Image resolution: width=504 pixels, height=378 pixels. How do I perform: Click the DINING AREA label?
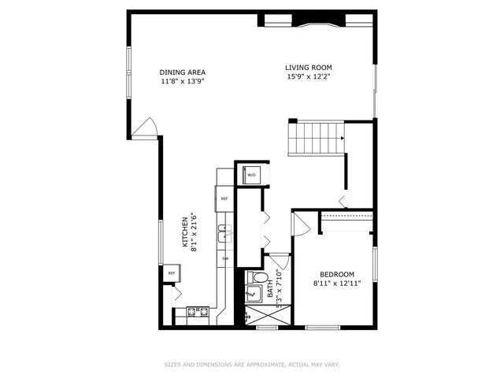[x=183, y=72]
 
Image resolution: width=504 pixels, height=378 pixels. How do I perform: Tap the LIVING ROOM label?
[x=308, y=67]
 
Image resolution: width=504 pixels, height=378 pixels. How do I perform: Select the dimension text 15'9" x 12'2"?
[x=308, y=77]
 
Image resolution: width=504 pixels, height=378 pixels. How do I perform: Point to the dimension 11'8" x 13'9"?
[x=183, y=82]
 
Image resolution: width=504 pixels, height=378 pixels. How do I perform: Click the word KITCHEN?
[x=185, y=233]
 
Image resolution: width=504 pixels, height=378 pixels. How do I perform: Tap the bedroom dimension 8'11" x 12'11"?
[x=337, y=283]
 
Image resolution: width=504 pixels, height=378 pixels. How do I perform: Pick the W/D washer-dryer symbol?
[x=252, y=175]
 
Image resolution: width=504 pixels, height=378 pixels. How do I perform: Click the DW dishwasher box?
[x=224, y=258]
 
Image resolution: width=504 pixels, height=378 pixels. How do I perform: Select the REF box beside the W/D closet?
[x=224, y=199]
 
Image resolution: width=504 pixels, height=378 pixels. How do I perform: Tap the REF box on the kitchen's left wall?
[x=171, y=273]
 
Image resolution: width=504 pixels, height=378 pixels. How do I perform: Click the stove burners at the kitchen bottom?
[x=191, y=313]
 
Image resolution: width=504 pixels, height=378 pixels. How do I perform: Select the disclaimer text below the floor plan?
[x=251, y=365]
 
